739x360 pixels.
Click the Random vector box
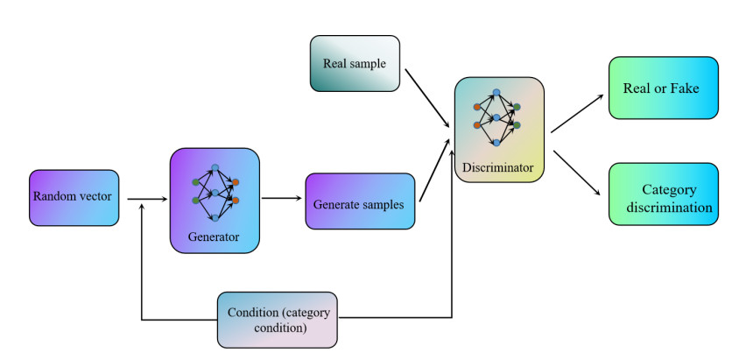click(73, 197)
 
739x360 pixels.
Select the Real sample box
click(355, 63)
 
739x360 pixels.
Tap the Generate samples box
click(359, 203)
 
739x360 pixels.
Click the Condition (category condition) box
click(277, 320)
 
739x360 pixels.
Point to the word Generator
click(214, 236)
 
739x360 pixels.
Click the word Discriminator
click(499, 166)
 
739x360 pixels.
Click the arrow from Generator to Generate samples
click(281, 198)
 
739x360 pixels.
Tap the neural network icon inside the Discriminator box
click(496, 116)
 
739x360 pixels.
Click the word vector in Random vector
click(95, 196)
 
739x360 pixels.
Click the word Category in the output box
click(668, 188)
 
